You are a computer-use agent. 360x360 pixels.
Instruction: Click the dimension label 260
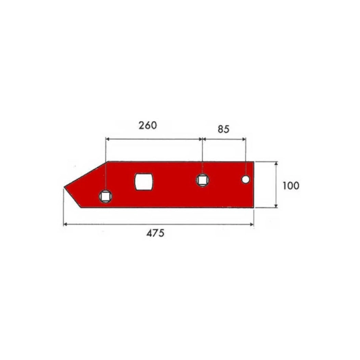click(x=148, y=125)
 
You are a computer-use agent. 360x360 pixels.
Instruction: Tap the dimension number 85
click(x=223, y=129)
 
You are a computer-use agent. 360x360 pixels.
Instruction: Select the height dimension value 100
click(x=291, y=185)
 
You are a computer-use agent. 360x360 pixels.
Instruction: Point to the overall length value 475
click(x=155, y=233)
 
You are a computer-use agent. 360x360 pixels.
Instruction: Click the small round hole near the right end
click(x=246, y=179)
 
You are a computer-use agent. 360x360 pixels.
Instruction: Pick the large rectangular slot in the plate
click(x=144, y=181)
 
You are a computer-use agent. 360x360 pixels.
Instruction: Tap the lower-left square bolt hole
click(x=105, y=196)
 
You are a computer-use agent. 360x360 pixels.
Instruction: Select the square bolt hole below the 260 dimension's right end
click(x=203, y=180)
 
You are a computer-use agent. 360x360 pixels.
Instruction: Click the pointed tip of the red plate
click(x=64, y=188)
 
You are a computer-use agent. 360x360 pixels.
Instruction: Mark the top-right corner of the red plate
click(x=254, y=162)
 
